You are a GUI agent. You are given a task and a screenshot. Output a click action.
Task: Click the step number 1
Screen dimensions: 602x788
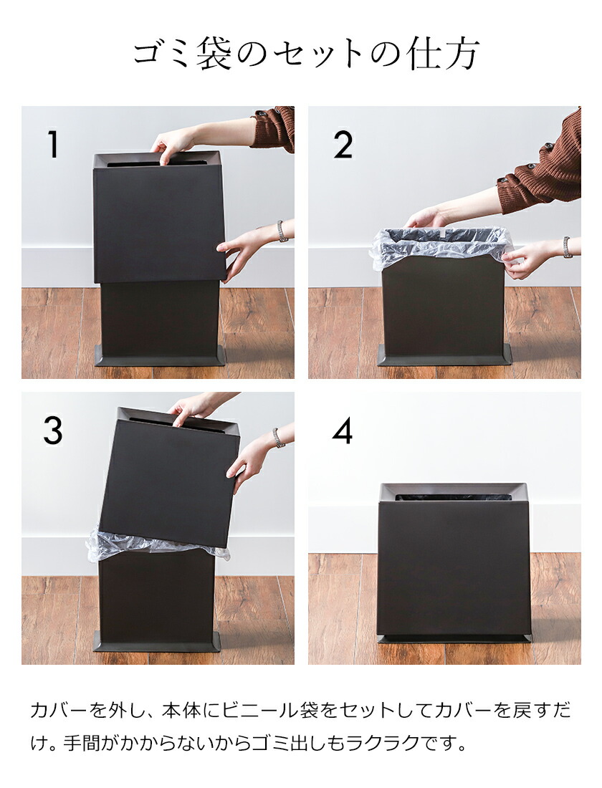point(52,144)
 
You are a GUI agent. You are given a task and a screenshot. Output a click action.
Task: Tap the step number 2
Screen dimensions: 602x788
point(343,144)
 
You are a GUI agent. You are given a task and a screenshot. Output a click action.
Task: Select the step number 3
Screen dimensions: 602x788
point(53,431)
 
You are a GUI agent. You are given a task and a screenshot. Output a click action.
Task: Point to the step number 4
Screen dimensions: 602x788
point(343,431)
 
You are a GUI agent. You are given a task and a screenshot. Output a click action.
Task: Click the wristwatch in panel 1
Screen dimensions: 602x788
point(282,231)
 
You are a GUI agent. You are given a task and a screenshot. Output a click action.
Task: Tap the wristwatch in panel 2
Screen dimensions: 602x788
point(567,246)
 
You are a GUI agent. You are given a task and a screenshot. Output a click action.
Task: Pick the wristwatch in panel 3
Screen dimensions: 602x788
point(277,438)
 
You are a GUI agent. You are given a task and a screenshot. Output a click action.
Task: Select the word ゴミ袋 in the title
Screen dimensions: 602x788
point(182,54)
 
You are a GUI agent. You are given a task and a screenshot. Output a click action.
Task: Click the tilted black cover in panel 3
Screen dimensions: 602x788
point(169,476)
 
